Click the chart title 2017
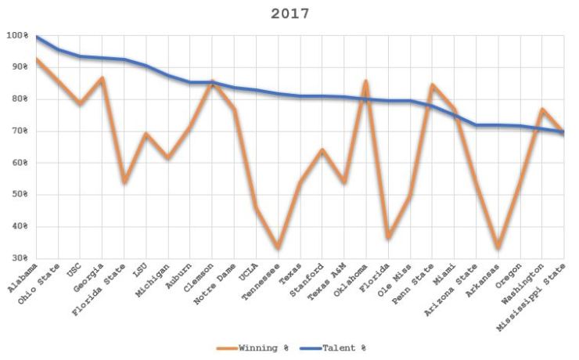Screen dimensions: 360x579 (x=289, y=13)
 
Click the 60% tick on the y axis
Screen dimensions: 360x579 (x=17, y=164)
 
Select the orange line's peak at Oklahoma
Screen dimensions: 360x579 (x=365, y=81)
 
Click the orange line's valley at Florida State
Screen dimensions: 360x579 (x=124, y=182)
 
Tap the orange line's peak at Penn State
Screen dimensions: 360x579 (x=432, y=85)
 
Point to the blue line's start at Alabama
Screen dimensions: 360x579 (x=37, y=37)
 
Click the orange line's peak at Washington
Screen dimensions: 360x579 (x=541, y=110)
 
